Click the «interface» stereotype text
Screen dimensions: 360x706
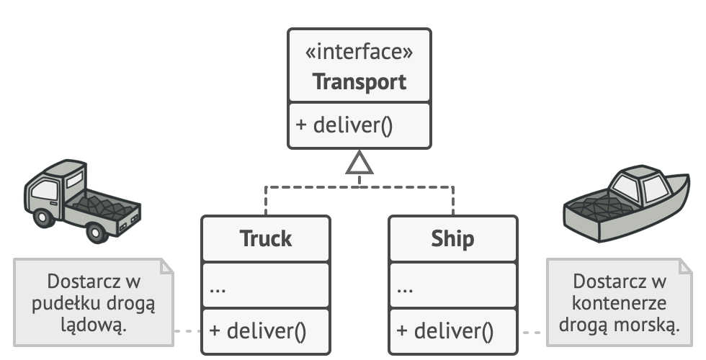pyautogui.click(x=359, y=54)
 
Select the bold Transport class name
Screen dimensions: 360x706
pyautogui.click(x=359, y=81)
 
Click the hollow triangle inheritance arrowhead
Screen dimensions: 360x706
pyautogui.click(x=359, y=164)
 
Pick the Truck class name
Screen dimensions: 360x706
pyautogui.click(x=265, y=238)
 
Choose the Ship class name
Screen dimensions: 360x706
pyautogui.click(x=452, y=238)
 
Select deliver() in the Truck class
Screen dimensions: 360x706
pyautogui.click(x=257, y=332)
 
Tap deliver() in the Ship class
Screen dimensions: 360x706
pyautogui.click(x=444, y=332)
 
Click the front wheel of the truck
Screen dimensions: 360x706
pyautogui.click(x=94, y=232)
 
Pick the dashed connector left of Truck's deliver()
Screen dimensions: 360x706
pyautogui.click(x=187, y=332)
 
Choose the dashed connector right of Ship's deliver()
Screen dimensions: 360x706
pyautogui.click(x=532, y=332)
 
